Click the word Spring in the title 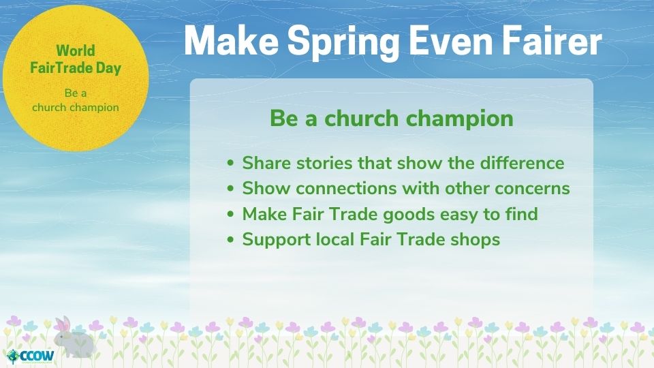(x=343, y=42)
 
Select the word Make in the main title (x=231, y=40)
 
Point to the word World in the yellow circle (x=76, y=50)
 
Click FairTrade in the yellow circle (x=61, y=68)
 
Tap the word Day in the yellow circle (x=108, y=69)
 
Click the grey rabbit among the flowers (x=73, y=338)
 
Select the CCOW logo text (x=37, y=356)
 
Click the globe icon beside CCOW (x=14, y=356)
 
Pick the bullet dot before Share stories (x=231, y=163)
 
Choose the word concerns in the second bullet (x=532, y=189)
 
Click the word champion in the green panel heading (x=460, y=119)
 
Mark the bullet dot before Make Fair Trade (x=231, y=214)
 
